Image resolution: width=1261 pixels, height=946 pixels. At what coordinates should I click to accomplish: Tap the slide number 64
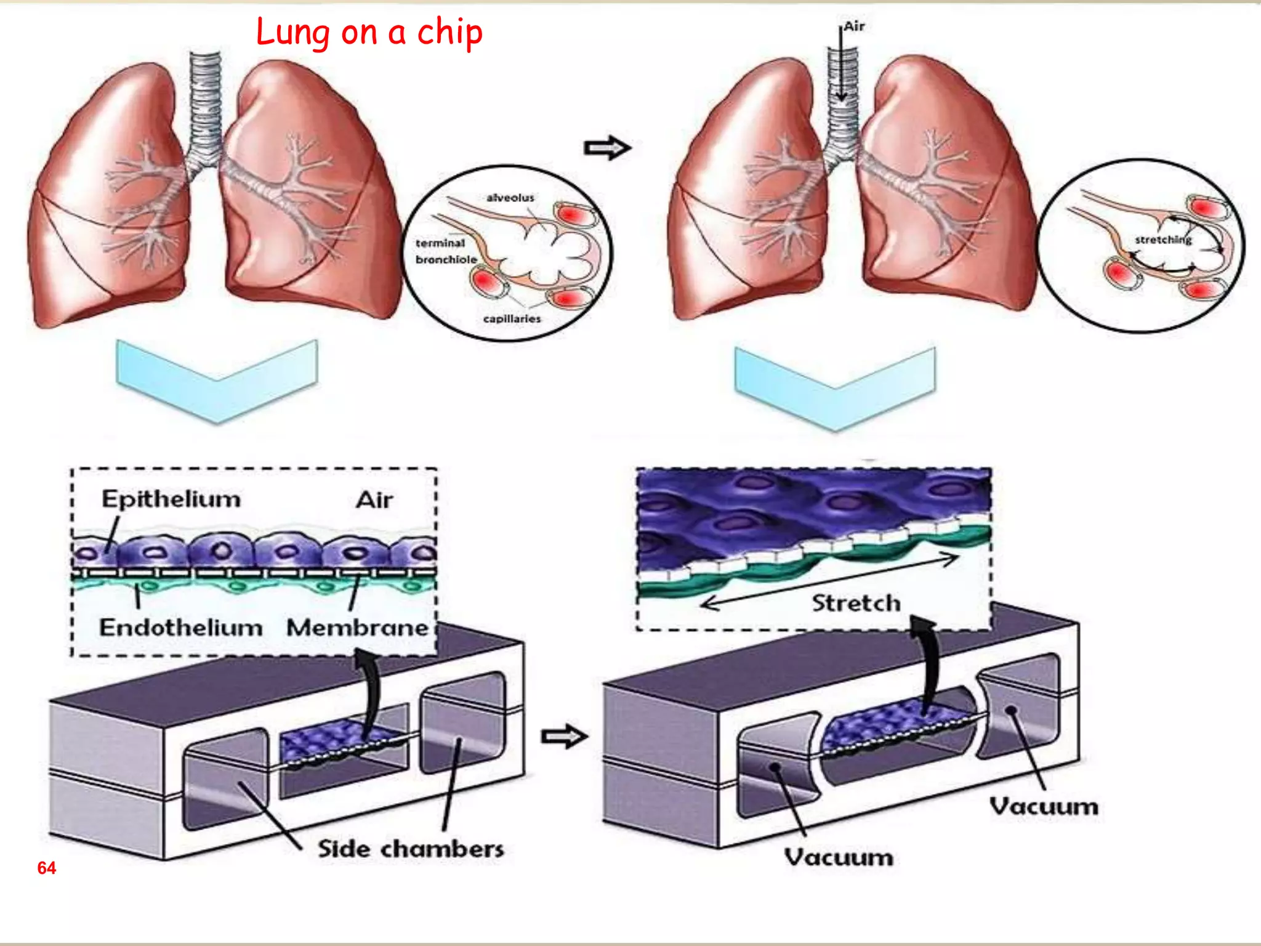pos(46,868)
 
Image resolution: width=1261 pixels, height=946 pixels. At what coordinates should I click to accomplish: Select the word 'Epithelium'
pos(171,499)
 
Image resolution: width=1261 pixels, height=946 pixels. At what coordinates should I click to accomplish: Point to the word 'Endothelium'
pos(181,628)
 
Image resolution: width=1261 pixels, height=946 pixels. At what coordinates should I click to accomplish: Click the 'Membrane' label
pos(357,628)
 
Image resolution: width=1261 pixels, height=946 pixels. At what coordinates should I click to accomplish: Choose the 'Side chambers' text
pos(411,849)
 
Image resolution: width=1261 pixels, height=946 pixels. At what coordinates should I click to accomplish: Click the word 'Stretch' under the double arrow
pos(856,603)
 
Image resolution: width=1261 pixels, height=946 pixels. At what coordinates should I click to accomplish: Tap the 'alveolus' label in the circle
pos(510,198)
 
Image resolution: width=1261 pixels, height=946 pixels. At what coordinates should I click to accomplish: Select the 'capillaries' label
pos(512,318)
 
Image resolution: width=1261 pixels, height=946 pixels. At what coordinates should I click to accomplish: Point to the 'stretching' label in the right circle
pos(1163,240)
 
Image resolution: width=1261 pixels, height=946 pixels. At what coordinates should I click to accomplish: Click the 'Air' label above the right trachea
pos(854,26)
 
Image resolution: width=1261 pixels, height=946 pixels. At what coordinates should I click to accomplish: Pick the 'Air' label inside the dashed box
pos(374,499)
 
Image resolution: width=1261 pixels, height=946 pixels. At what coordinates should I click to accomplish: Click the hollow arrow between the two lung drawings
pos(606,148)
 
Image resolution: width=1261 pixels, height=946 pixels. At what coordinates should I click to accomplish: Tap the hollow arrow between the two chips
pos(563,737)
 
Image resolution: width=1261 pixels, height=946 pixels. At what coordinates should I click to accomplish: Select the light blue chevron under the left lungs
pos(217,382)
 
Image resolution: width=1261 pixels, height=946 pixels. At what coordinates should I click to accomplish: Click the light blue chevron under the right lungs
pos(835,388)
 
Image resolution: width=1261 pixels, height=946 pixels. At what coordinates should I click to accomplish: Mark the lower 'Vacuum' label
pos(839,857)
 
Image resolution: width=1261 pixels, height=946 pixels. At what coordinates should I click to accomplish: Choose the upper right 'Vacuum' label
pos(1044,806)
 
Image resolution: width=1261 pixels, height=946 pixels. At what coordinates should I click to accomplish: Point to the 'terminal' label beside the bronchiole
pos(440,243)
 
